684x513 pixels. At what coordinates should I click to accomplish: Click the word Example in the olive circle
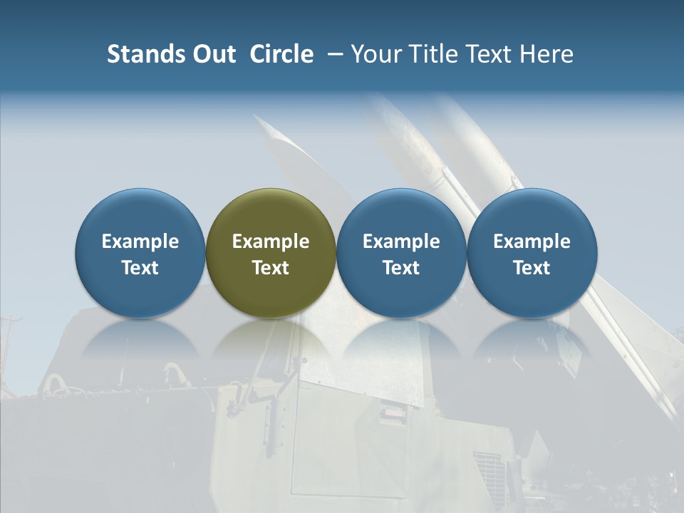tap(271, 242)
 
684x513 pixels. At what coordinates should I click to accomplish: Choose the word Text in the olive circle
tap(271, 268)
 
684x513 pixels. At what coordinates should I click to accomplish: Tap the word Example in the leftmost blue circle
tap(140, 242)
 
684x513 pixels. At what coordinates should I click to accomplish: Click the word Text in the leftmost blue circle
tap(140, 268)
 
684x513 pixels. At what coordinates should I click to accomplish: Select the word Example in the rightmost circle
tap(532, 242)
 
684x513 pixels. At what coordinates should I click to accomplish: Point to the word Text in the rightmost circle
tap(532, 268)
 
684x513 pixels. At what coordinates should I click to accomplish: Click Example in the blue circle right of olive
tap(401, 242)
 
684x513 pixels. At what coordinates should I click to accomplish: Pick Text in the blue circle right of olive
tap(401, 268)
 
